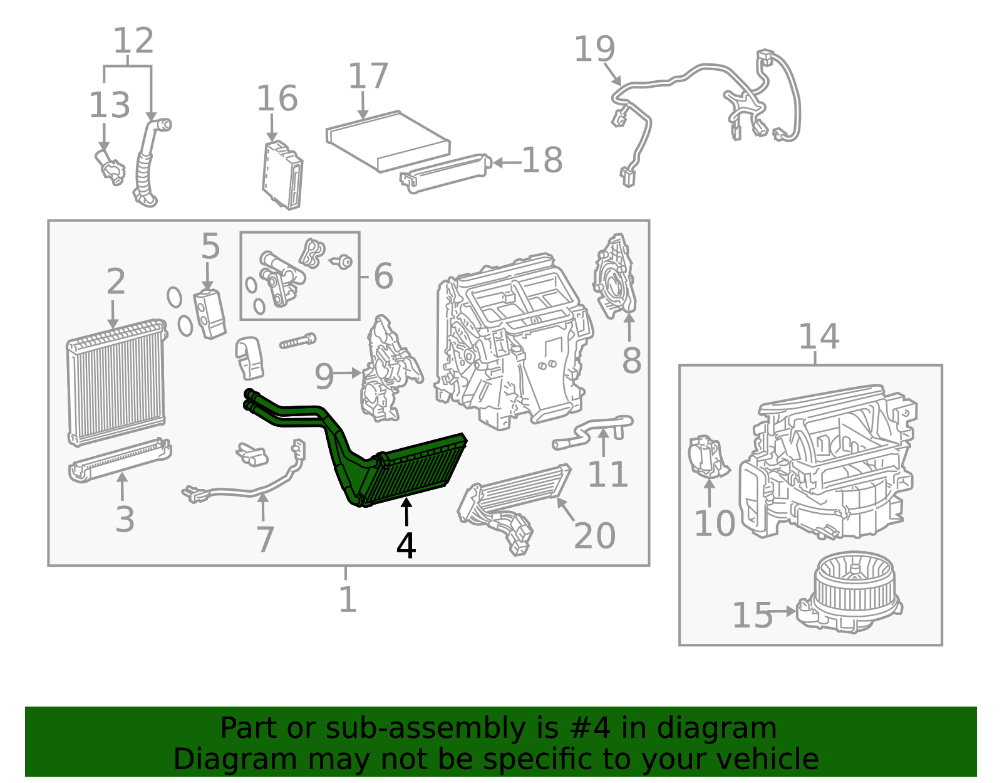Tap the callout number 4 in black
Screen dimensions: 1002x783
pyautogui.click(x=406, y=545)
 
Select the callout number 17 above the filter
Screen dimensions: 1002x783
pyautogui.click(x=368, y=76)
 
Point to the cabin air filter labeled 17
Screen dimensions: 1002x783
pyautogui.click(x=388, y=141)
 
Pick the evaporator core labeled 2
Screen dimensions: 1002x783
pyautogui.click(x=116, y=382)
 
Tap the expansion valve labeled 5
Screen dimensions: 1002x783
pyautogui.click(x=210, y=313)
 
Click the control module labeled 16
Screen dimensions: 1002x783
pyautogui.click(x=282, y=175)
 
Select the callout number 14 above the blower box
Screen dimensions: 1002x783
pyautogui.click(x=819, y=337)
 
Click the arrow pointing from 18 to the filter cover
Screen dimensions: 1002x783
pyautogui.click(x=507, y=162)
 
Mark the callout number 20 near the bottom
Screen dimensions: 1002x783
pyautogui.click(x=594, y=536)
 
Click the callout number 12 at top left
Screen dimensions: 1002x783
pyautogui.click(x=133, y=40)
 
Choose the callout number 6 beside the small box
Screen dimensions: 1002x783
pyautogui.click(x=383, y=276)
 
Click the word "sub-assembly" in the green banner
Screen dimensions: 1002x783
pyautogui.click(x=425, y=728)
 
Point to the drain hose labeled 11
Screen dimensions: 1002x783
pyautogui.click(x=592, y=431)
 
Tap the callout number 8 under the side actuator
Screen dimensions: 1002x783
pyautogui.click(x=631, y=361)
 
